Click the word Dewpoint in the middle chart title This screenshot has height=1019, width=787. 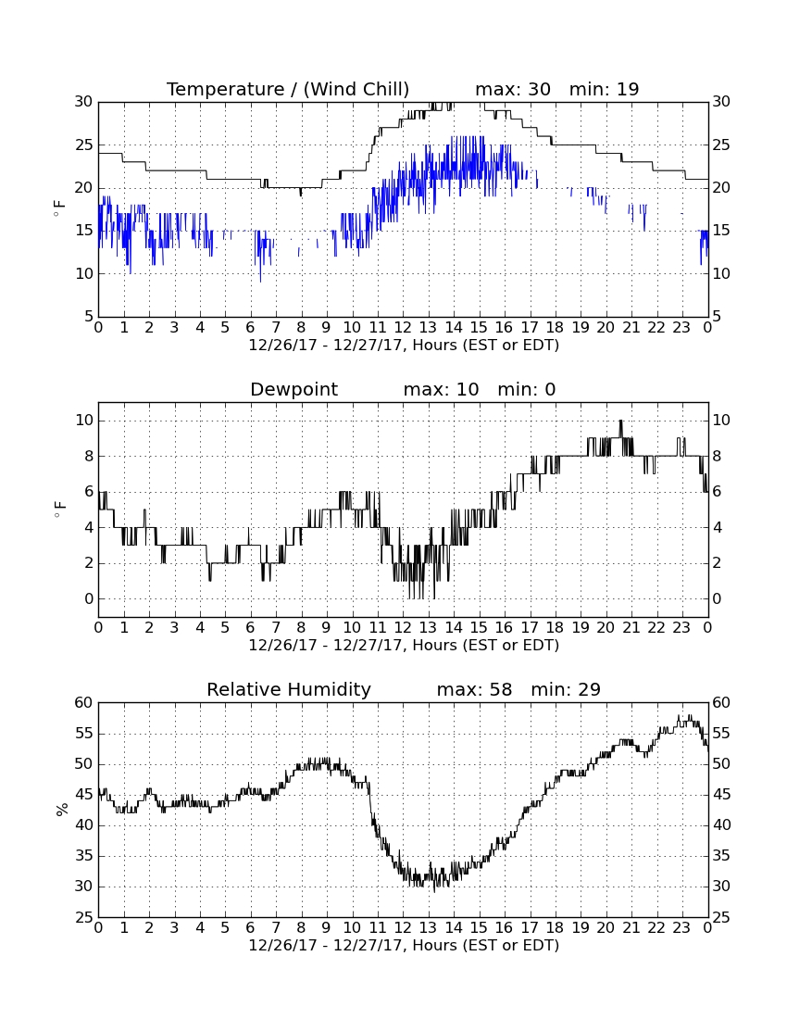coord(294,390)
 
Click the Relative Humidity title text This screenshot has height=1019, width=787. coord(289,689)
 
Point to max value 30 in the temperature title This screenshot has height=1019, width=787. coord(539,89)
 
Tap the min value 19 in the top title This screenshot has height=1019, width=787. coord(628,89)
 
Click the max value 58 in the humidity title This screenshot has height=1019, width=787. coord(501,689)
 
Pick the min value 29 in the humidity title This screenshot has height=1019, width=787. coord(589,689)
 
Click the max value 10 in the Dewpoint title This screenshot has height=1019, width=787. coord(467,390)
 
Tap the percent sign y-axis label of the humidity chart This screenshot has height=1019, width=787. coord(62,810)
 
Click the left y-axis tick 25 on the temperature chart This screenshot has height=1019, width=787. coord(84,145)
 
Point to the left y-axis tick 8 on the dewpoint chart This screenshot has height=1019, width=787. coord(89,456)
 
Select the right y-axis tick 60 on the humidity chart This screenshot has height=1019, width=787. coord(721,702)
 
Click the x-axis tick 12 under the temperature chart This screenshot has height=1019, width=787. coord(403,328)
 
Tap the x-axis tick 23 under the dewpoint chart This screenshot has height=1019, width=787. coord(681,628)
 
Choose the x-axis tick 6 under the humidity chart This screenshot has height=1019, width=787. coord(250,928)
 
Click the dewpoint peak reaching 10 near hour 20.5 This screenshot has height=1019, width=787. coord(620,421)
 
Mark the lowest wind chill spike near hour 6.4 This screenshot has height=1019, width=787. coord(260,281)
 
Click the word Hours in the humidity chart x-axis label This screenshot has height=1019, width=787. coord(434,945)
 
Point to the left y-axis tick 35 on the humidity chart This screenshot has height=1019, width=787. coord(84,856)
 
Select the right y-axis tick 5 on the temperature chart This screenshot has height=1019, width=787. coord(717,317)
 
